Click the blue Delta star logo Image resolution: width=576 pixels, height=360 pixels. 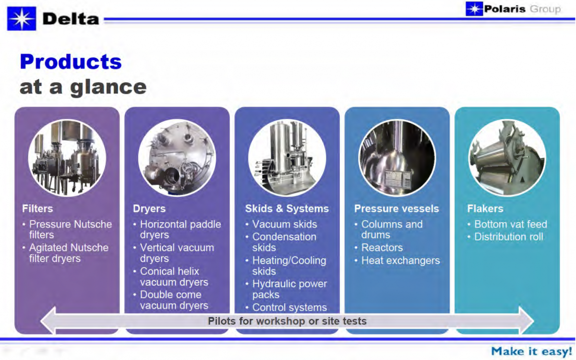point(22,19)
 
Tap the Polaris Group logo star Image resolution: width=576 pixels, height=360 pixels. point(474,9)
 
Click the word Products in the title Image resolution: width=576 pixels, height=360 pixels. point(71,62)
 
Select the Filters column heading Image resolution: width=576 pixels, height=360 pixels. point(37,208)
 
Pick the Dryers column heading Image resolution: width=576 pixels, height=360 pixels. point(149,208)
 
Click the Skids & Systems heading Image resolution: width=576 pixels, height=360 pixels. point(287,208)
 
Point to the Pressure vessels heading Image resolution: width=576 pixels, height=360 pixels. point(396,208)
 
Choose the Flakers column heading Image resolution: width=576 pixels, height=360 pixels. point(485,208)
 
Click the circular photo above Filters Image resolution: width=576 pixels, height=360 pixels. point(67,158)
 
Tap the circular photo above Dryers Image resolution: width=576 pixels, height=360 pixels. point(177,158)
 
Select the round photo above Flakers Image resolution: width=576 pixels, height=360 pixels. point(507,158)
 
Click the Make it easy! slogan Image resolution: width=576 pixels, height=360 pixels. point(531,351)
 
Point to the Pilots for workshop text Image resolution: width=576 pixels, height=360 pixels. point(287,321)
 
